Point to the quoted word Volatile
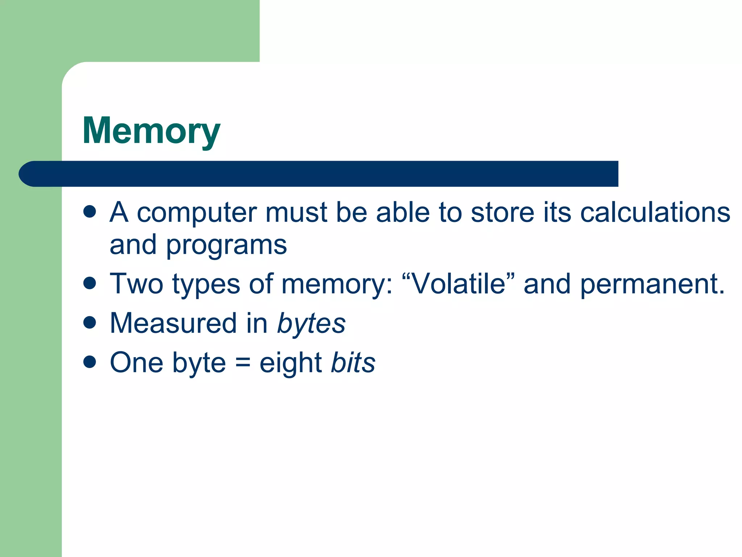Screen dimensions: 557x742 [x=459, y=284]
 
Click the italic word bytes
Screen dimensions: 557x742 [x=311, y=324]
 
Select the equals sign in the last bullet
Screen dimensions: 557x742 [x=242, y=363]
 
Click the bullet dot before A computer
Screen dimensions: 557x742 [x=89, y=211]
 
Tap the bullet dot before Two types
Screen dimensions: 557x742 [x=89, y=283]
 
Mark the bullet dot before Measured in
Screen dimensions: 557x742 [x=89, y=322]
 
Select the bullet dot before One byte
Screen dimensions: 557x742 [x=89, y=362]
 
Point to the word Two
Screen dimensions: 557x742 [x=137, y=284]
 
